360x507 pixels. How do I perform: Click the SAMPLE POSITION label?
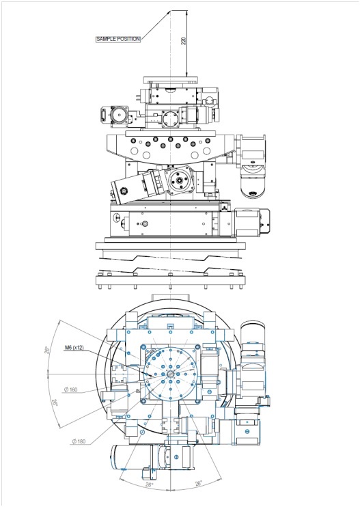coord(117,40)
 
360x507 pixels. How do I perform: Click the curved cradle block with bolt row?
coord(169,146)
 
